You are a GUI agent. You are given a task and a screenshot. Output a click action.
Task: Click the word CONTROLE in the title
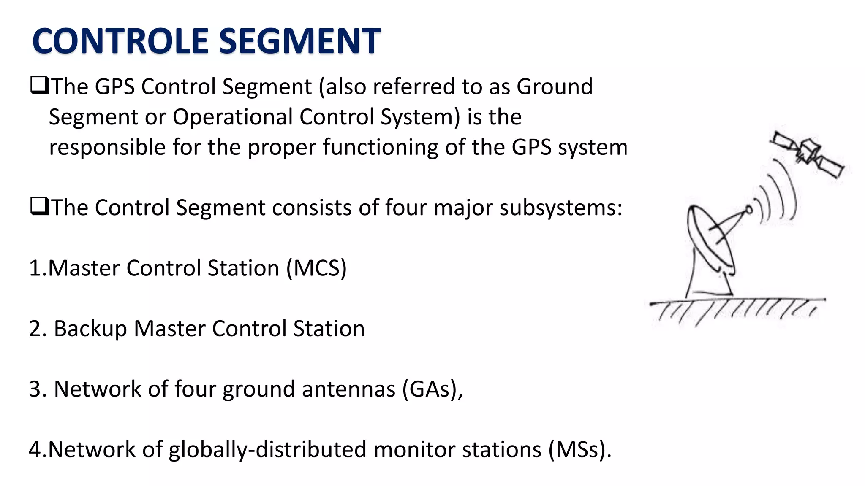[120, 41]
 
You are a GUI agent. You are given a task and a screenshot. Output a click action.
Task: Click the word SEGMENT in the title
[300, 41]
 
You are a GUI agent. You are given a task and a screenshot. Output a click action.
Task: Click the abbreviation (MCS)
[316, 268]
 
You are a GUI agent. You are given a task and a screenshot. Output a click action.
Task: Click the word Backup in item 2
[90, 329]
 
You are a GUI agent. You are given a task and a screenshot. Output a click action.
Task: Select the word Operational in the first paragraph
[232, 117]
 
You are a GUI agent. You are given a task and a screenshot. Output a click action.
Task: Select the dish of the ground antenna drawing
[710, 238]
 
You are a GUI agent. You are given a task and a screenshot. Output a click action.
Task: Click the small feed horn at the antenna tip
[749, 210]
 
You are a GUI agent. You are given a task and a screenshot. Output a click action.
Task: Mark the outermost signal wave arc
[789, 190]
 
